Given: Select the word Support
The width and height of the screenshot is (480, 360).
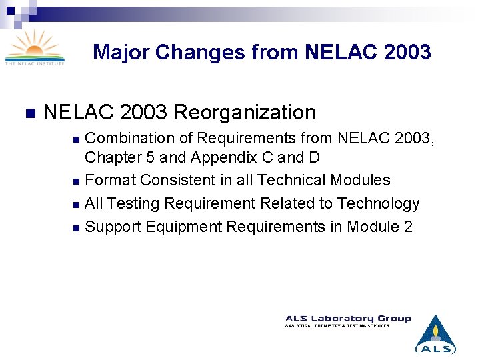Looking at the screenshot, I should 110,227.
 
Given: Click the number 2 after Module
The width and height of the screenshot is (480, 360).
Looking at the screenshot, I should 408,227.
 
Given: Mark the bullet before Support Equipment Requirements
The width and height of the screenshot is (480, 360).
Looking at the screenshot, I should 76,227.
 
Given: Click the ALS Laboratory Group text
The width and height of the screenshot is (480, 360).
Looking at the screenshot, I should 348,319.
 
